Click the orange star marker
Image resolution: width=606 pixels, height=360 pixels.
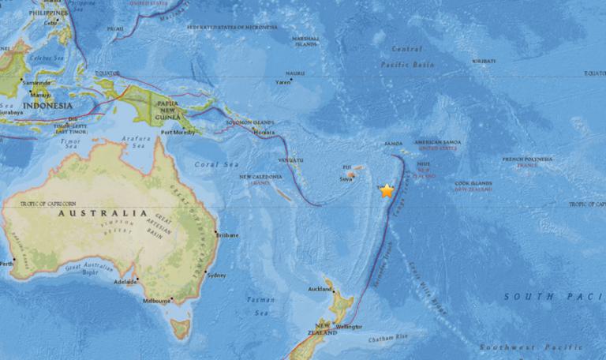pyautogui.click(x=387, y=190)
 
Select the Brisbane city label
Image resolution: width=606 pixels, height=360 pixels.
pyautogui.click(x=228, y=234)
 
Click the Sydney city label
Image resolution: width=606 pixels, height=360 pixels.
pyautogui.click(x=215, y=275)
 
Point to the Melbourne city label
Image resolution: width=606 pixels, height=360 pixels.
pyautogui.click(x=157, y=300)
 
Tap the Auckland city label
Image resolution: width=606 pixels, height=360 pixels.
pyautogui.click(x=320, y=289)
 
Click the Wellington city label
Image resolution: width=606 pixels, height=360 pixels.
pyautogui.click(x=350, y=326)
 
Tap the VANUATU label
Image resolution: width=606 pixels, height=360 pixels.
pyautogui.click(x=290, y=160)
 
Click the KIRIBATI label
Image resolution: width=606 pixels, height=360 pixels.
pyautogui.click(x=484, y=61)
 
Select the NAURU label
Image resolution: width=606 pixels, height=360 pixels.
pyautogui.click(x=295, y=73)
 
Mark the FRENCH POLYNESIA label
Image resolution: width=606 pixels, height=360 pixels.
pyautogui.click(x=528, y=159)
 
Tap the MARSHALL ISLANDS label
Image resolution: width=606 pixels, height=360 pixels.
pyautogui.click(x=305, y=41)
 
